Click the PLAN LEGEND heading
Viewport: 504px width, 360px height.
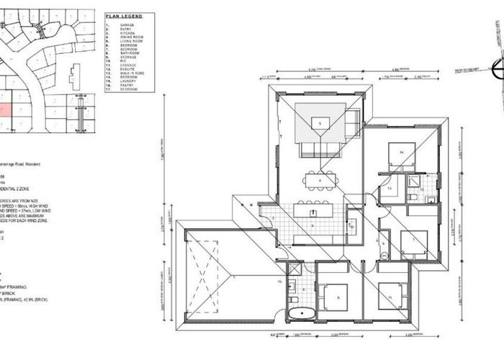(x=124, y=15)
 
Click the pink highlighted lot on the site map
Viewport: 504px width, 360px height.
(x=5, y=110)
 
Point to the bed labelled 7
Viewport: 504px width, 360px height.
(x=413, y=242)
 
